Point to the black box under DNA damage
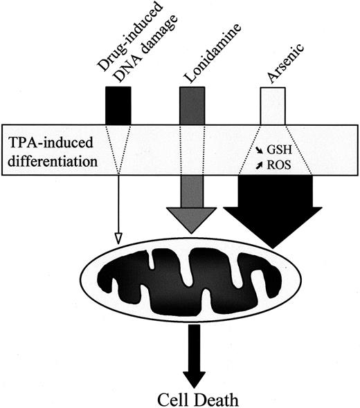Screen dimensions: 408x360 118,105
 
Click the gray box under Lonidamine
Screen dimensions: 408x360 192,105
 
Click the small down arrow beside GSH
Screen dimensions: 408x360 260,148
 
